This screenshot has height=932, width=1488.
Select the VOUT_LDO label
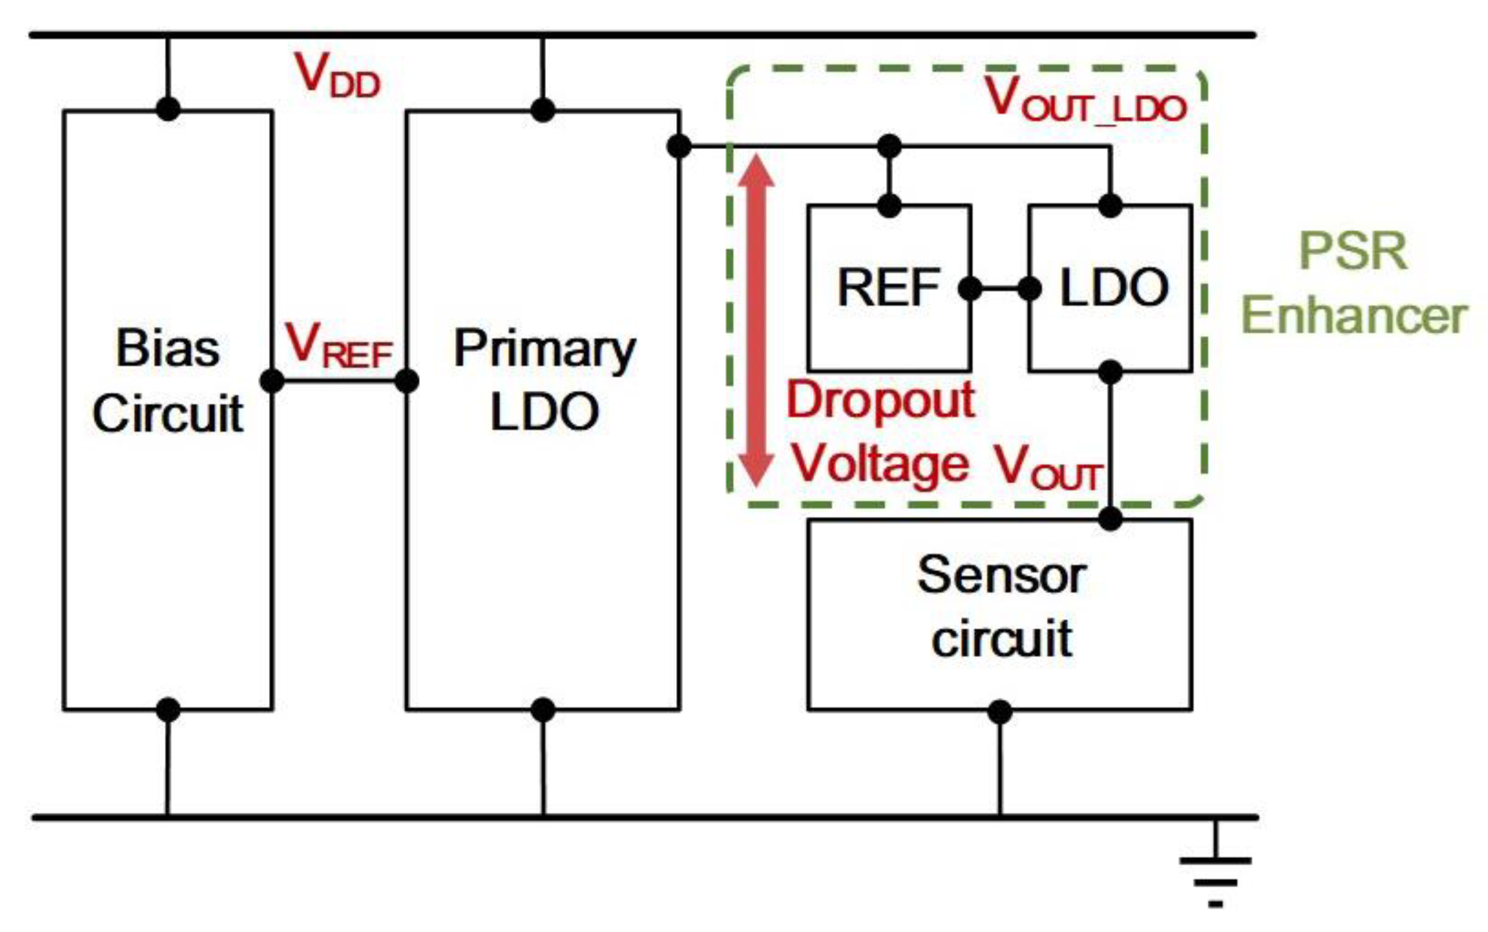(x=1085, y=100)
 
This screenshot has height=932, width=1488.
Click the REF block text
(x=888, y=288)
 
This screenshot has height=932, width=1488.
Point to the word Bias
(x=167, y=348)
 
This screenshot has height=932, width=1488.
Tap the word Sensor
(x=1001, y=575)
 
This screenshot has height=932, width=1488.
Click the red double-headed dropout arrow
(x=756, y=320)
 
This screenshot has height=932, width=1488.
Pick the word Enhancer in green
(x=1354, y=316)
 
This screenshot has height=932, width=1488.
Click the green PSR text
(x=1353, y=252)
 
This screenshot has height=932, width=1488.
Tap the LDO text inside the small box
(x=1113, y=288)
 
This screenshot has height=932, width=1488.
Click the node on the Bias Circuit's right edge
(x=272, y=381)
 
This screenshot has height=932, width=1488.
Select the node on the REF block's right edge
(x=970, y=288)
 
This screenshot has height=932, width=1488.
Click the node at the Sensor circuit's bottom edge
(x=1000, y=712)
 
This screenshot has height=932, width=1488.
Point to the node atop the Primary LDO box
(x=542, y=110)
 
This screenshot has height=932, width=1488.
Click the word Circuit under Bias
(x=168, y=413)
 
